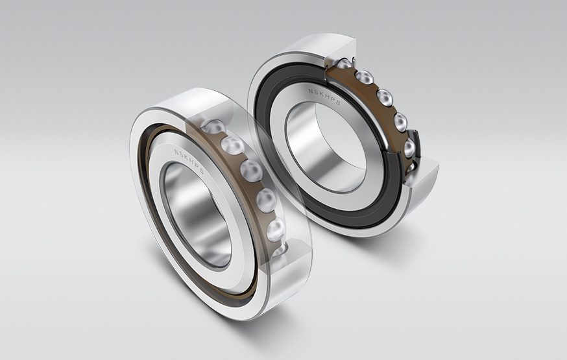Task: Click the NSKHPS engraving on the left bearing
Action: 189,155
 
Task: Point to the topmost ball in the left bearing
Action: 213,126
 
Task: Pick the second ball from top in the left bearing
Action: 232,145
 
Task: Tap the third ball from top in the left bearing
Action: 251,171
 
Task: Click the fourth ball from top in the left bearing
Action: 266,200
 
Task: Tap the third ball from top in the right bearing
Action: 384,97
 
